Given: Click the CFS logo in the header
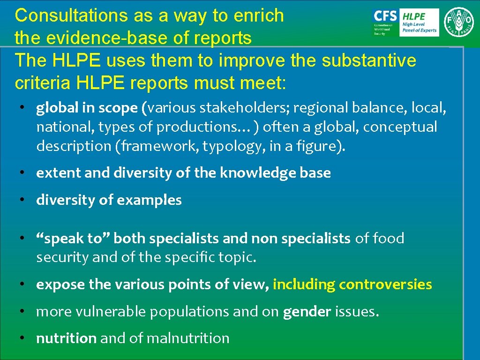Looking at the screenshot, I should (x=384, y=22).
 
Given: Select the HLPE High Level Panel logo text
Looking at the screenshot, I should (x=420, y=22).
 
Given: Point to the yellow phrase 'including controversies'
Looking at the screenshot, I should (x=352, y=285).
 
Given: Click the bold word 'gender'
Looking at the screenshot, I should (x=307, y=312).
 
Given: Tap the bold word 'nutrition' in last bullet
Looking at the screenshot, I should (x=66, y=338).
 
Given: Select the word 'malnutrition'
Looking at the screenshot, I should (x=187, y=338).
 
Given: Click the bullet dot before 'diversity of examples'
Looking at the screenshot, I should (x=22, y=200).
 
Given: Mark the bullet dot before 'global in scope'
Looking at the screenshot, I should (x=22, y=108).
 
